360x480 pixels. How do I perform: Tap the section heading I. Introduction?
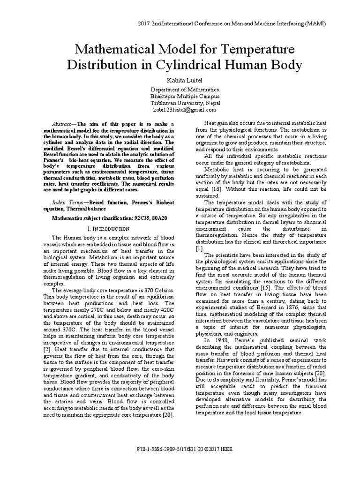point(109,228)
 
